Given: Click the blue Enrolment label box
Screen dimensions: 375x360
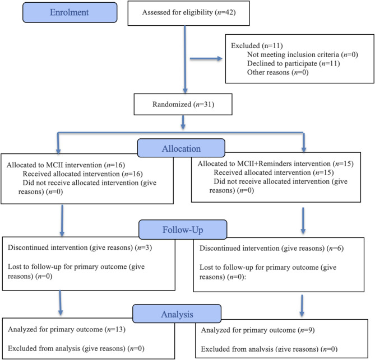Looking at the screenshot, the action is click(70, 12).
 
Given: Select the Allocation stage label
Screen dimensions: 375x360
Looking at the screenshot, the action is click(181, 148).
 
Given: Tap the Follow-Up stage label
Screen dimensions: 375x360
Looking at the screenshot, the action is click(183, 230).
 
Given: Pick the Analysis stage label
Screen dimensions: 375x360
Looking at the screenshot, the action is click(177, 314).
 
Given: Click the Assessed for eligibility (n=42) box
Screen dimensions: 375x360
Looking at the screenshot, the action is click(189, 13).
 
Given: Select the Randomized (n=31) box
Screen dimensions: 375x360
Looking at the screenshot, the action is click(183, 104).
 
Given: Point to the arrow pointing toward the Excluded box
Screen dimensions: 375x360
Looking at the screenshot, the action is click(206, 59).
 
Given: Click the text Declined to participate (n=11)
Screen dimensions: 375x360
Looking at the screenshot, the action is click(294, 63).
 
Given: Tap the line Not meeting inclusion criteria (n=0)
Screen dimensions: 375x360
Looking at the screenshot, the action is click(303, 55).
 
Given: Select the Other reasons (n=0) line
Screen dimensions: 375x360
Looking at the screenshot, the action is click(278, 72).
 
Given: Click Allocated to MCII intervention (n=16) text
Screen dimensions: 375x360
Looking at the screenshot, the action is click(66, 165).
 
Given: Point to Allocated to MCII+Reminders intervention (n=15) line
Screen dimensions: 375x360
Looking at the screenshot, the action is click(276, 163).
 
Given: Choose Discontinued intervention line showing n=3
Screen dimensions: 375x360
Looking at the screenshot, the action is click(80, 247).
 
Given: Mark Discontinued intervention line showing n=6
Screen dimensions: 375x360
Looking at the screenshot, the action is click(272, 248).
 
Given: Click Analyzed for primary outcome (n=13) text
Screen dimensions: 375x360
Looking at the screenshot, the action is click(67, 329).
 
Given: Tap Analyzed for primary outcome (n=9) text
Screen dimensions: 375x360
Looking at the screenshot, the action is click(258, 330).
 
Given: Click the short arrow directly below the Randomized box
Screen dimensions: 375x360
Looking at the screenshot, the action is click(183, 122).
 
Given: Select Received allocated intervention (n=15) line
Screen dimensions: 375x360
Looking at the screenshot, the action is click(274, 172).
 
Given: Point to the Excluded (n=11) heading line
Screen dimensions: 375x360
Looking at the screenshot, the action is click(257, 45).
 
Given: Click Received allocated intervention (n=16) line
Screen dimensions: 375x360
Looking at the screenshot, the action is click(83, 174).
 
